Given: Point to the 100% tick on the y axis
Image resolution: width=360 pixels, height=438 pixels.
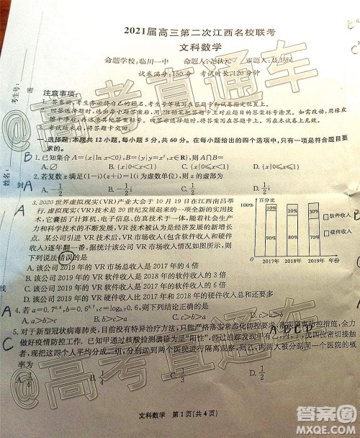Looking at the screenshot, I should click(x=247, y=205).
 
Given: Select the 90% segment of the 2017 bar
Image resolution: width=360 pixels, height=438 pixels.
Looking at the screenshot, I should click(x=271, y=236).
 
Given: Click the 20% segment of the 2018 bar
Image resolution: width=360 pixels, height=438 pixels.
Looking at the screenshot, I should click(x=293, y=210).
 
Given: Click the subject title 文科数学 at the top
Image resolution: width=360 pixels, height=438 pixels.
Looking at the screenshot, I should click(x=180, y=45).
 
